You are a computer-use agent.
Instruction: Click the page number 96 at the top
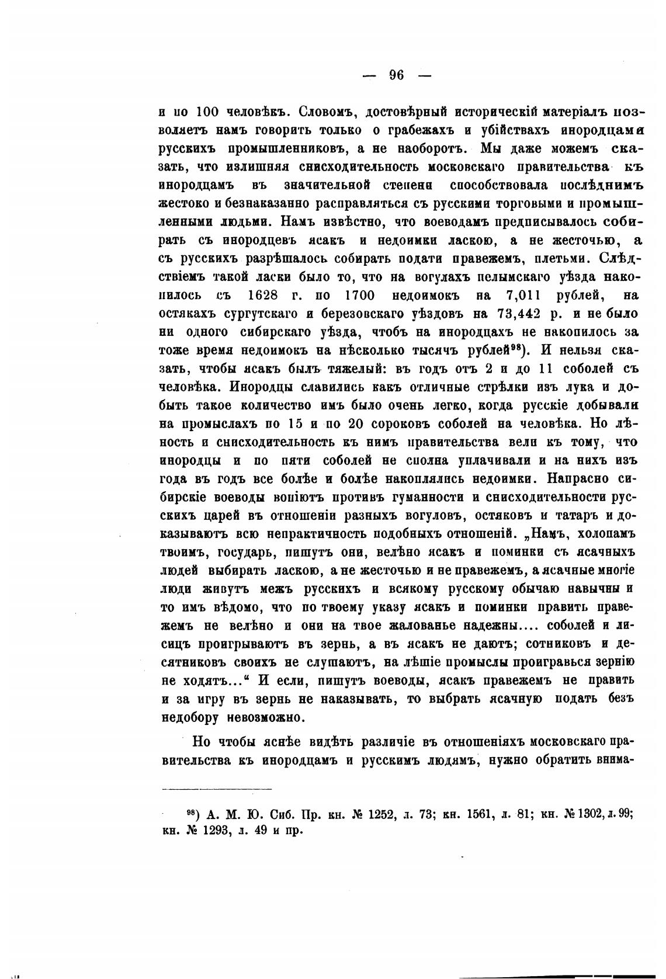(397, 75)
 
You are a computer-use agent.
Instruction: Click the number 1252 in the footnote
(370, 813)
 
